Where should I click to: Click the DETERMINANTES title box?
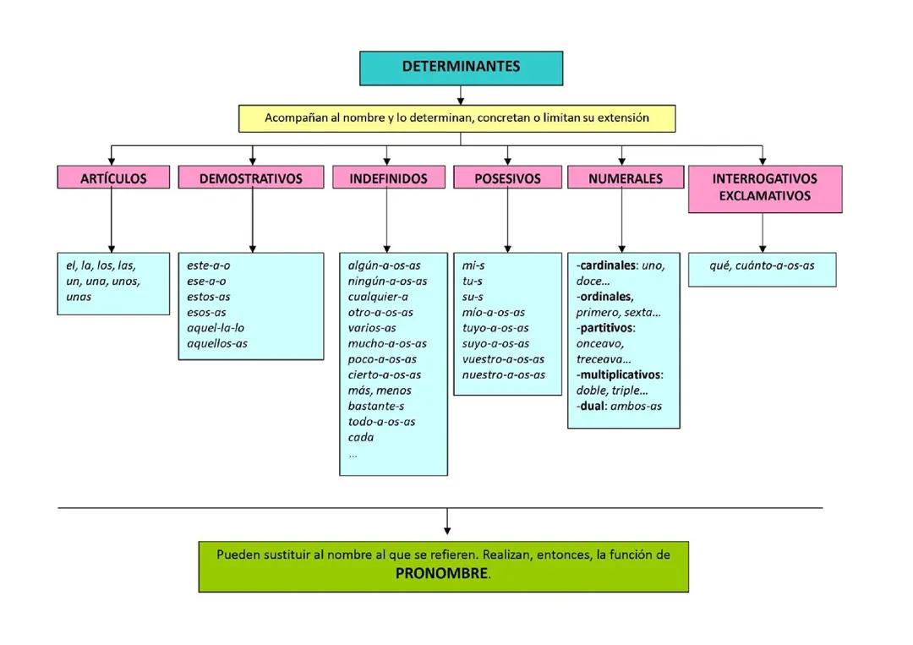[x=461, y=68]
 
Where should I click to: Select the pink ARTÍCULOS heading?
[x=113, y=178]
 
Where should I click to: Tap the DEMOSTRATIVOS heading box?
[x=250, y=178]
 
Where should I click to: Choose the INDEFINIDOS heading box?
[x=388, y=178]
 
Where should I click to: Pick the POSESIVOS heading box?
[x=507, y=178]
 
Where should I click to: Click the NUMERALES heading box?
[x=625, y=178]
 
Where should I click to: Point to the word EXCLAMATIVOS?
[x=764, y=196]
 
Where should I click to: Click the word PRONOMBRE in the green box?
[x=442, y=574]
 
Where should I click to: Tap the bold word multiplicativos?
[x=620, y=374]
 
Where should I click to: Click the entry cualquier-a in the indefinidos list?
[x=378, y=297]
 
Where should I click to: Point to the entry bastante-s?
[x=376, y=407]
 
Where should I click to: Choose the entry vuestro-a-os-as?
[x=503, y=359]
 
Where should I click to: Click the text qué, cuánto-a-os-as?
[x=762, y=265]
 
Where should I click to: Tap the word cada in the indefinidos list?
[x=361, y=438]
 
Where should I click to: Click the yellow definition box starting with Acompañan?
[x=456, y=118]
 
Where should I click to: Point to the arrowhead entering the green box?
[x=447, y=531]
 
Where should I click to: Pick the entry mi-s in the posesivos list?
[x=473, y=265]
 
